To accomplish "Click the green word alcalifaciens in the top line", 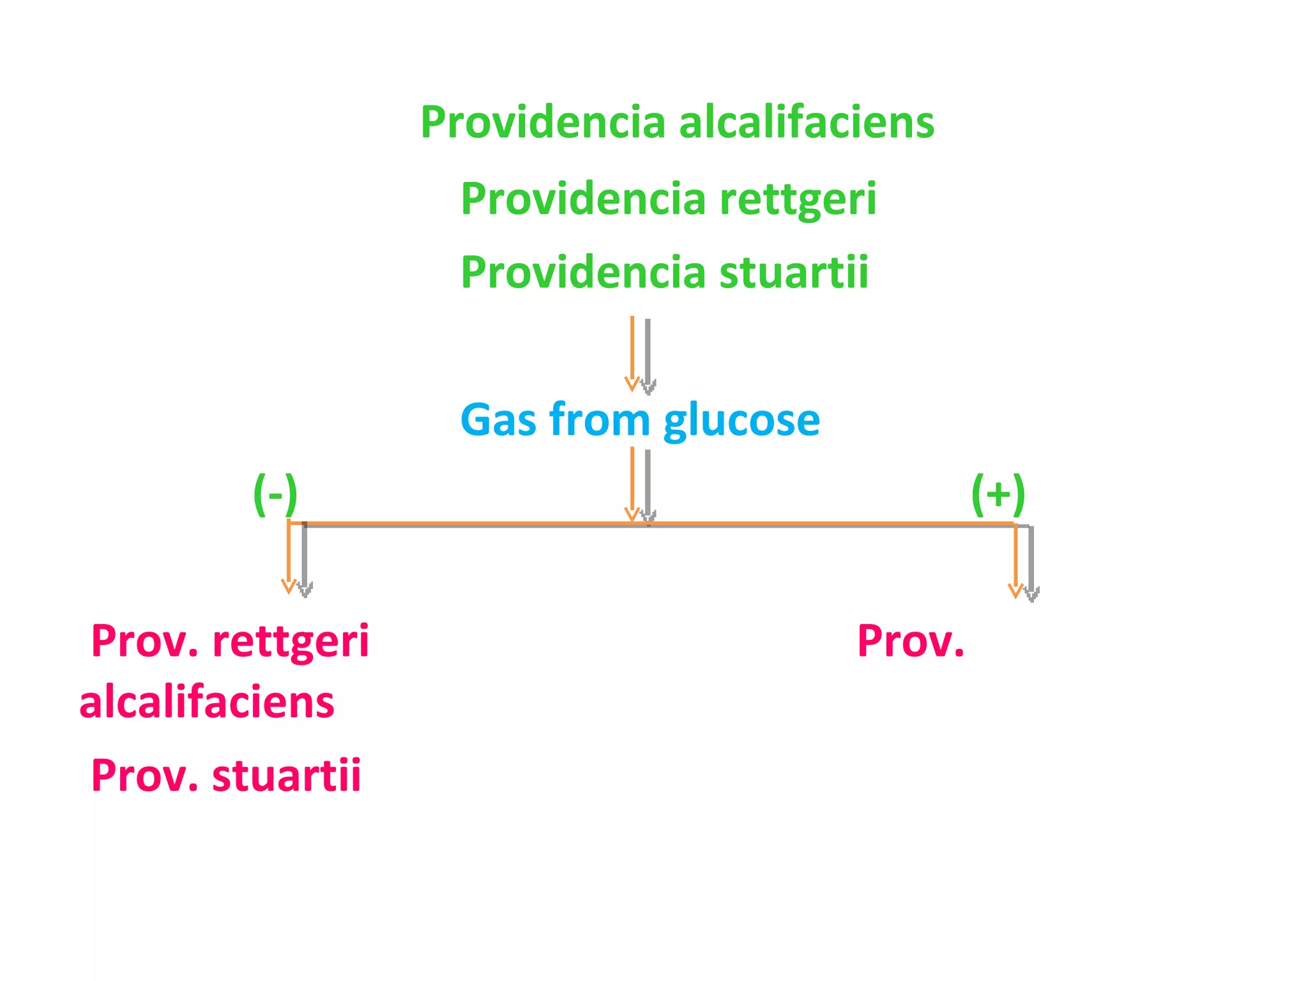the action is point(807,121).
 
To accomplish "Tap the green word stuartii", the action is point(794,272).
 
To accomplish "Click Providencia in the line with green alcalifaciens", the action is point(543,121).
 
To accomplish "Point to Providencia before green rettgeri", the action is point(583,198).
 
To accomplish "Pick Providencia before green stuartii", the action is point(583,272).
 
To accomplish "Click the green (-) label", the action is point(275,495).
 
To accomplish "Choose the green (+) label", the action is point(998,495).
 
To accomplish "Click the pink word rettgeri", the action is point(291,643).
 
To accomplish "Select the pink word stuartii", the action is point(287,775).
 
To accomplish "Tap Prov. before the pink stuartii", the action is point(145,775).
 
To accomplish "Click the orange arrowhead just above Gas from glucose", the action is point(632,383).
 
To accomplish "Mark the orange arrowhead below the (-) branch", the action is point(289,586).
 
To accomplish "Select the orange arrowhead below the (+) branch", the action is point(1015,591).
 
